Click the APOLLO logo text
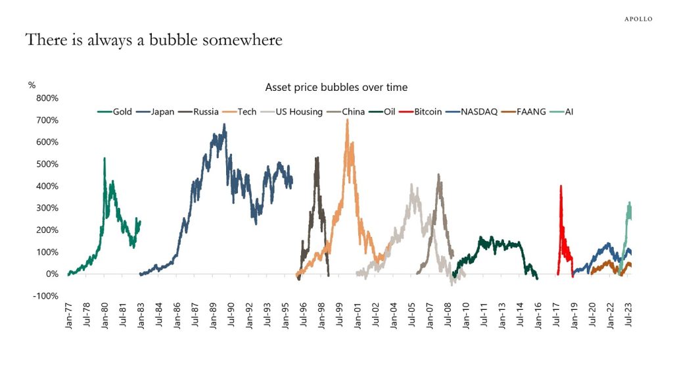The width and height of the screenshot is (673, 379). [x=638, y=19]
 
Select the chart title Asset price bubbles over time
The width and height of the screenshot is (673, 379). [x=336, y=87]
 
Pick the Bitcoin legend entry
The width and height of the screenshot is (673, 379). [x=428, y=112]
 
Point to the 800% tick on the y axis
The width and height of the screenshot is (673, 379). [x=47, y=98]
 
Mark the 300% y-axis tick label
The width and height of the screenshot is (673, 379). [x=47, y=208]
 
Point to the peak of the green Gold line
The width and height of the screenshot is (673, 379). [x=104, y=159]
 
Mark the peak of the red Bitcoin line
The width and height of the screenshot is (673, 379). [x=561, y=186]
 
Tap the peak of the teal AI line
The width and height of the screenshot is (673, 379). [x=630, y=203]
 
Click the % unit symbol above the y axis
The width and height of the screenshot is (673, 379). [x=32, y=85]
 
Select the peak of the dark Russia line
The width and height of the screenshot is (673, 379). [x=317, y=158]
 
